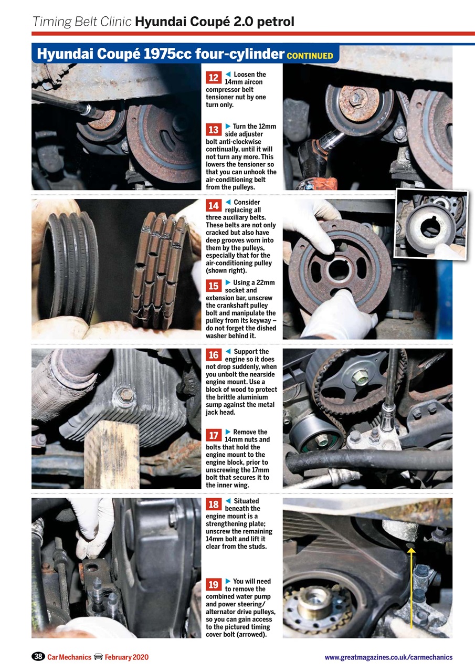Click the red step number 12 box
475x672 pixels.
[x=214, y=78]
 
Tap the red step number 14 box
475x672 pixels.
[x=214, y=206]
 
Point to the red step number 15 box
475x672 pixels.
[x=214, y=286]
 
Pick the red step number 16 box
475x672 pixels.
[x=214, y=355]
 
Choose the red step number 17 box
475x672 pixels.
[x=214, y=436]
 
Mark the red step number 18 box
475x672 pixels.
[x=214, y=505]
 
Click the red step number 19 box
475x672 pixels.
[x=214, y=585]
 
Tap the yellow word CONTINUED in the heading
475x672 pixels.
[x=310, y=56]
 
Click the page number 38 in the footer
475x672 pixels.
[x=38, y=657]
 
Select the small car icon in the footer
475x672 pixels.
[x=98, y=657]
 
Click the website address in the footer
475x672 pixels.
[x=388, y=657]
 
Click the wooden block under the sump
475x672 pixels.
[x=112, y=454]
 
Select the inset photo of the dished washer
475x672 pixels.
[x=431, y=224]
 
